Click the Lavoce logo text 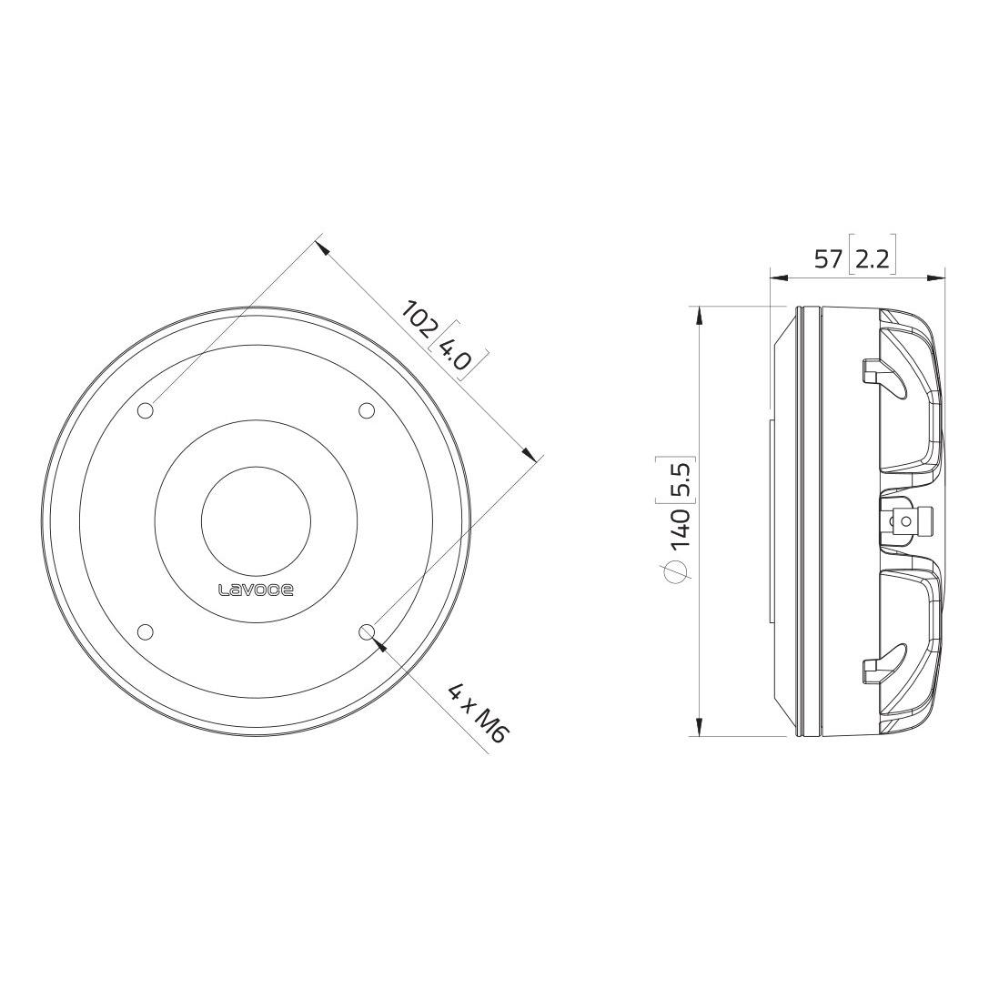tap(256, 590)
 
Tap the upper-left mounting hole tap(146, 411)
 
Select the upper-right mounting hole tap(367, 411)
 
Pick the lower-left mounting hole tap(146, 631)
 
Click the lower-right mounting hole tap(367, 631)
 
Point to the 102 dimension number tap(419, 318)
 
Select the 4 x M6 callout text tap(477, 713)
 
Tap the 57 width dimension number tap(829, 259)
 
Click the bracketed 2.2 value tap(872, 259)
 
